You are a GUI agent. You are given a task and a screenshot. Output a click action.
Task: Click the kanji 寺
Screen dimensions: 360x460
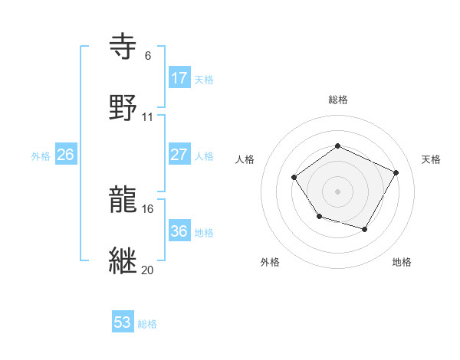tap(124, 47)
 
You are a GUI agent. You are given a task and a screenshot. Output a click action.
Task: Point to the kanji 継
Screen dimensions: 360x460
tap(124, 260)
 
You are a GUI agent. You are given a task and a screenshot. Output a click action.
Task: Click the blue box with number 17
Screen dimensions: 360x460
tap(179, 78)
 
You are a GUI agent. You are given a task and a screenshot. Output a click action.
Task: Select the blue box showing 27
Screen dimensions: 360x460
tap(179, 155)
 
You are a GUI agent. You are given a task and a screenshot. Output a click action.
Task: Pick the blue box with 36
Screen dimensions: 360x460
tap(179, 231)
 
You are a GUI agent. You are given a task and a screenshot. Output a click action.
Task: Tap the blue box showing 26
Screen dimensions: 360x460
tap(65, 155)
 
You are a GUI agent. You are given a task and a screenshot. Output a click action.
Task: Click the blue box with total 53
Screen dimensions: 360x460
tap(122, 322)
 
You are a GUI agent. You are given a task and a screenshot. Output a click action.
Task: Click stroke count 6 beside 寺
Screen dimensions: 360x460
tap(147, 56)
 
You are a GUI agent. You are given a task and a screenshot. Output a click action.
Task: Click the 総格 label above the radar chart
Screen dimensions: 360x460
tap(337, 100)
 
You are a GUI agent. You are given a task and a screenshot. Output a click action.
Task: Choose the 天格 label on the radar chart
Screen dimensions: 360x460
tap(431, 159)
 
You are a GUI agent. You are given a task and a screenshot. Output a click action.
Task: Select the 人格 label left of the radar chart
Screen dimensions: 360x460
tap(245, 159)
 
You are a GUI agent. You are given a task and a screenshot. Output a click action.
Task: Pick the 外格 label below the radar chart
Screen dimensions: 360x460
tap(270, 262)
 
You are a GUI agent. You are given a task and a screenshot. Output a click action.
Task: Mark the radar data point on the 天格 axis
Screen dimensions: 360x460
tap(396, 172)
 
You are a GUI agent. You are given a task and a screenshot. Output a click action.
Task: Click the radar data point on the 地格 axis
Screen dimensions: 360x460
tap(365, 229)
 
